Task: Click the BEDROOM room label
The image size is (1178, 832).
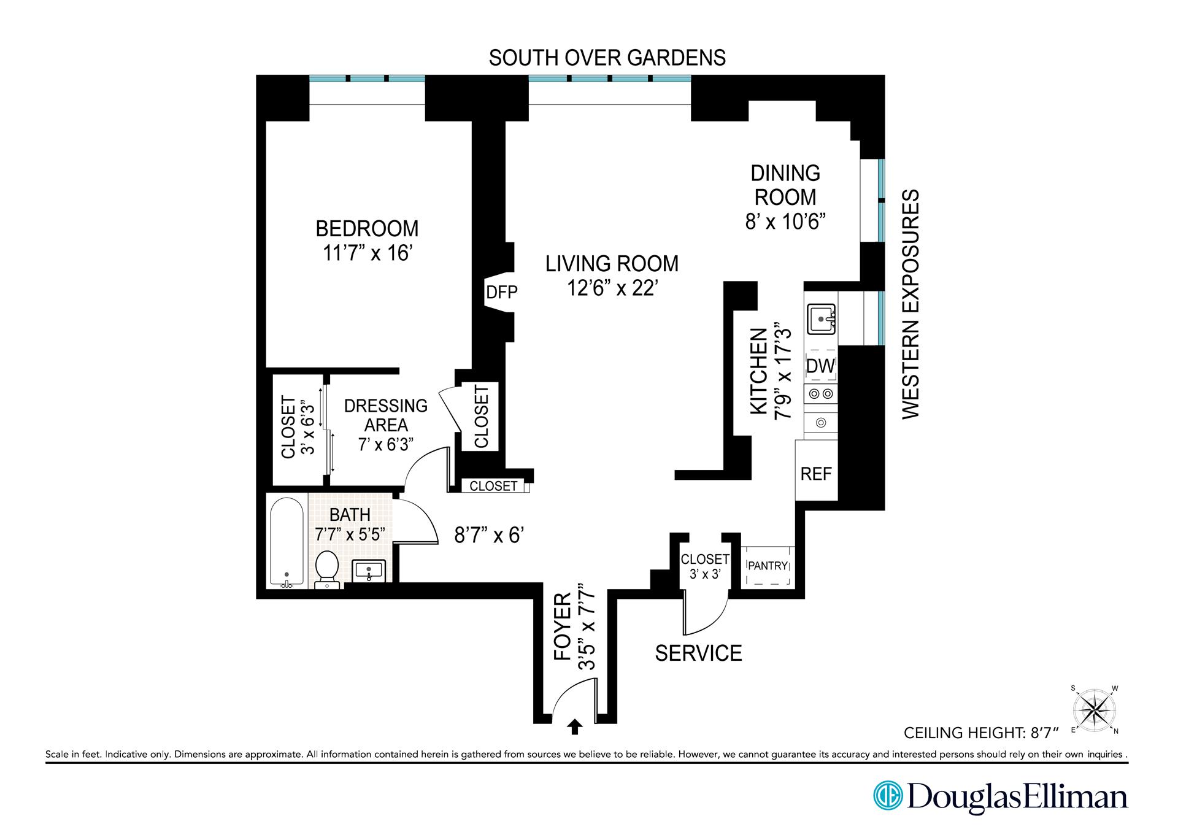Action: [x=367, y=229]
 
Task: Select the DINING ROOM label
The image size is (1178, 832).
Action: [x=785, y=185]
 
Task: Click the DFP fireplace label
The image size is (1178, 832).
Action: [x=501, y=293]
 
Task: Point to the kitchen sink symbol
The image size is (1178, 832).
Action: [x=821, y=319]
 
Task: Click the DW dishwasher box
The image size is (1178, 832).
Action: [x=820, y=366]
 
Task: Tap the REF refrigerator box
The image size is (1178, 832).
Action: [x=816, y=474]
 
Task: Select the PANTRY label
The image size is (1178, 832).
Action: [x=768, y=566]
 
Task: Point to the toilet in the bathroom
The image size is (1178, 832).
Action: [x=327, y=568]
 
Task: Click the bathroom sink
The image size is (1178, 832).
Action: [x=368, y=571]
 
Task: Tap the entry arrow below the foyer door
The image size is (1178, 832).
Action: [x=574, y=727]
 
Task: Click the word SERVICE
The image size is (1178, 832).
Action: [x=698, y=653]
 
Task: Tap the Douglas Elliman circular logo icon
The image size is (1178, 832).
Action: [x=887, y=796]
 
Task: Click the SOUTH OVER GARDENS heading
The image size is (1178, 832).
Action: [x=607, y=58]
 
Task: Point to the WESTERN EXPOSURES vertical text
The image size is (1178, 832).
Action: [x=911, y=304]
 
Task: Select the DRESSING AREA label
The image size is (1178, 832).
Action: [x=385, y=415]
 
